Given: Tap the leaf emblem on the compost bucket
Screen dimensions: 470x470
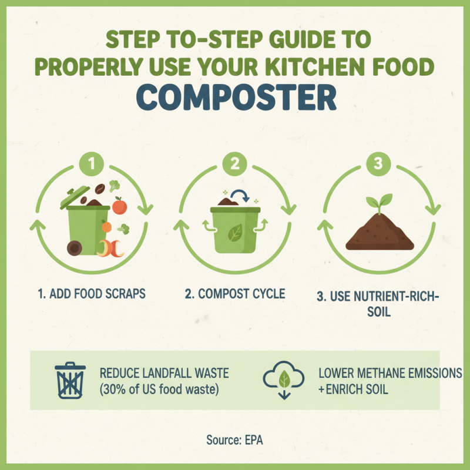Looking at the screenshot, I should click(x=236, y=233).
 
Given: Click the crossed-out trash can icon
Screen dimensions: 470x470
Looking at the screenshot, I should click(x=70, y=380).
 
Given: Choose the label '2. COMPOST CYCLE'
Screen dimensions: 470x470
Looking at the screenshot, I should click(x=235, y=294).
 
